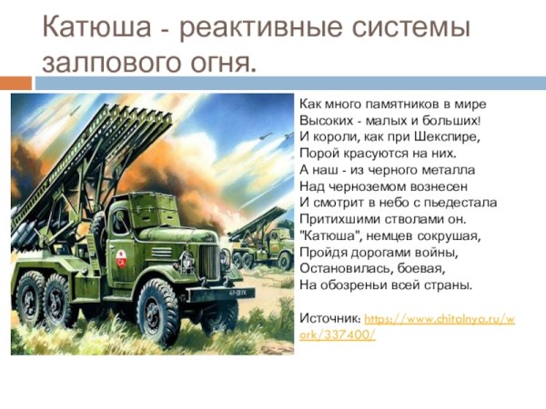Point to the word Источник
(x=329, y=321)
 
